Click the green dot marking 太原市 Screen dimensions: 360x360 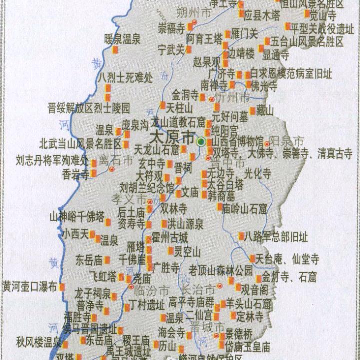pos(201,142)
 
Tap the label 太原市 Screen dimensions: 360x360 pos(172,136)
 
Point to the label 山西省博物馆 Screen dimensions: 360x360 pos(238,141)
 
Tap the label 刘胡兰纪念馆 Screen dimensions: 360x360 pos(147,188)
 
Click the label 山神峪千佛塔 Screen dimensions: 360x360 pos(77,217)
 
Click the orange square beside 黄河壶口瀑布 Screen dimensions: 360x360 pos(63,287)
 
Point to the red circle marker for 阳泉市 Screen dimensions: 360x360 pos(267,144)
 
